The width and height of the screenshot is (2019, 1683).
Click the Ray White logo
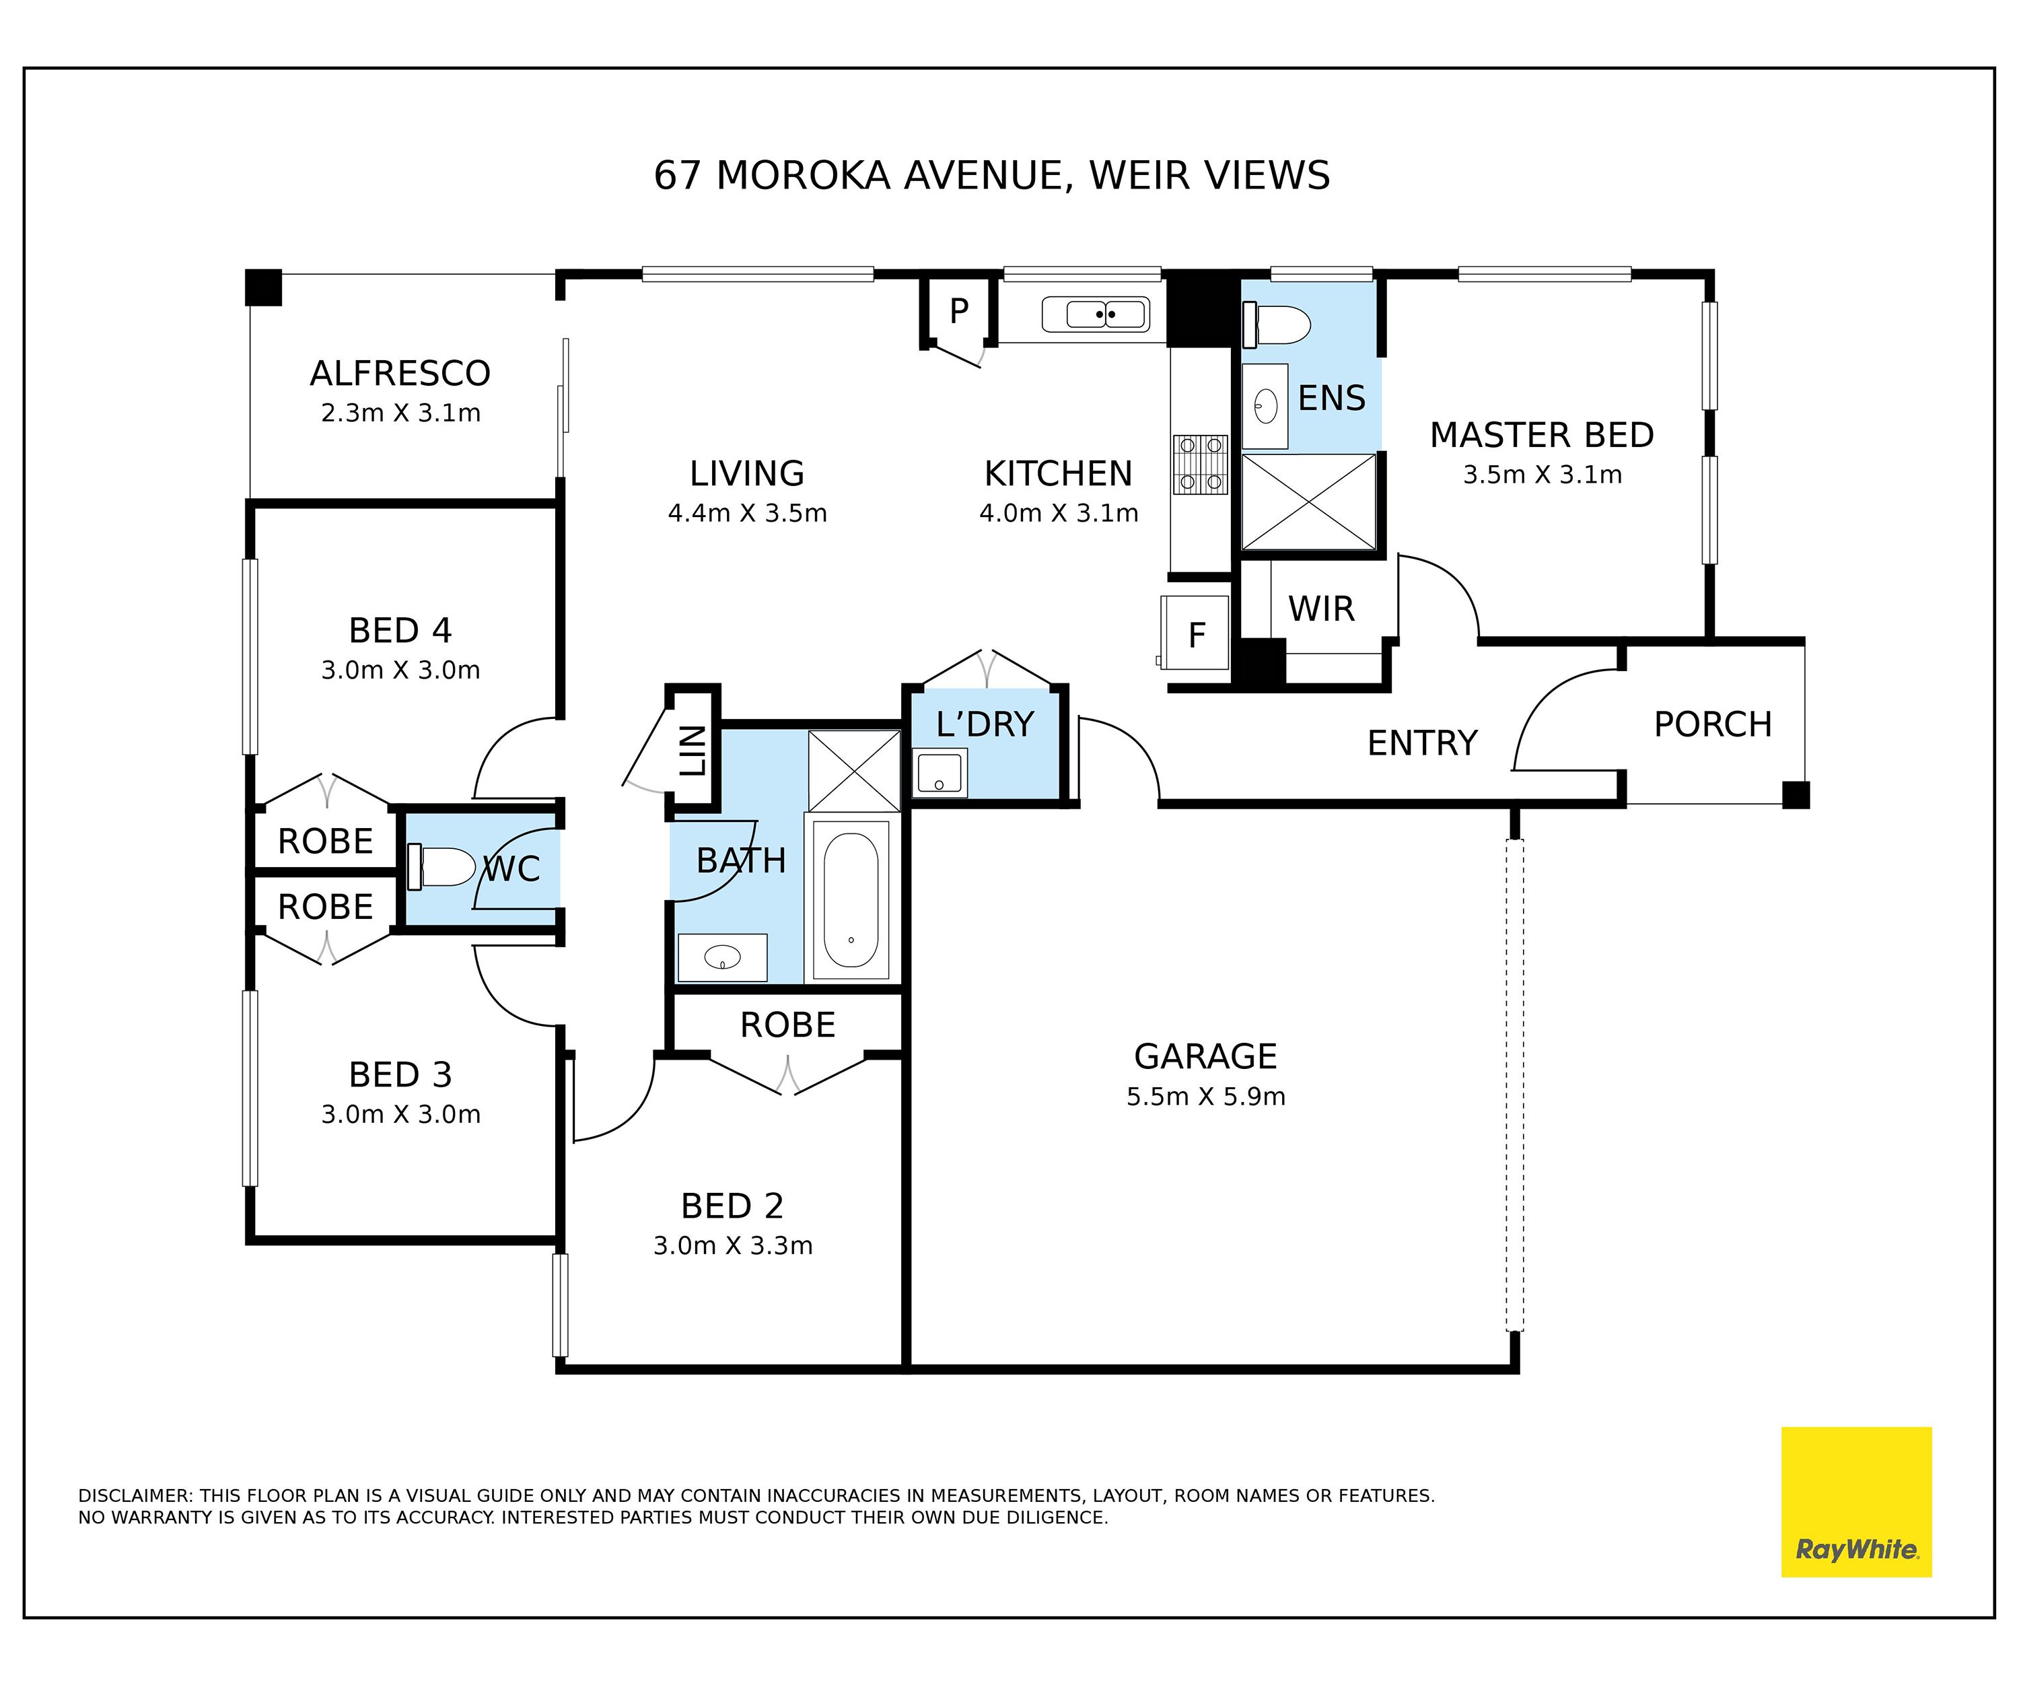point(1857,1502)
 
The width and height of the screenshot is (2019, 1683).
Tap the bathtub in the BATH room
point(851,899)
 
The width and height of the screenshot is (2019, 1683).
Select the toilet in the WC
point(441,866)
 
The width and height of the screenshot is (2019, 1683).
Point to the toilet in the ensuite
point(1277,324)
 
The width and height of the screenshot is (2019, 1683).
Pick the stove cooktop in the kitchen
point(1201,465)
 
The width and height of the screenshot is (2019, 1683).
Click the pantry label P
point(958,310)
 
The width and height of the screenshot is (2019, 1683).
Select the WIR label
point(1321,609)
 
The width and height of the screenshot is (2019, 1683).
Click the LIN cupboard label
point(693,751)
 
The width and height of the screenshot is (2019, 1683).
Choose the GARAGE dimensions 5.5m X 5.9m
point(1205,1097)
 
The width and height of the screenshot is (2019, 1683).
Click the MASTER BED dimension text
point(1542,474)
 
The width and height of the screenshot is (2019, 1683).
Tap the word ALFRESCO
point(400,373)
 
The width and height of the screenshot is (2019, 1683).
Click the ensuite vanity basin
point(1265,406)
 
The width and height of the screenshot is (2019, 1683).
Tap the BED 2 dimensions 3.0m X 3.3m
point(733,1245)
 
